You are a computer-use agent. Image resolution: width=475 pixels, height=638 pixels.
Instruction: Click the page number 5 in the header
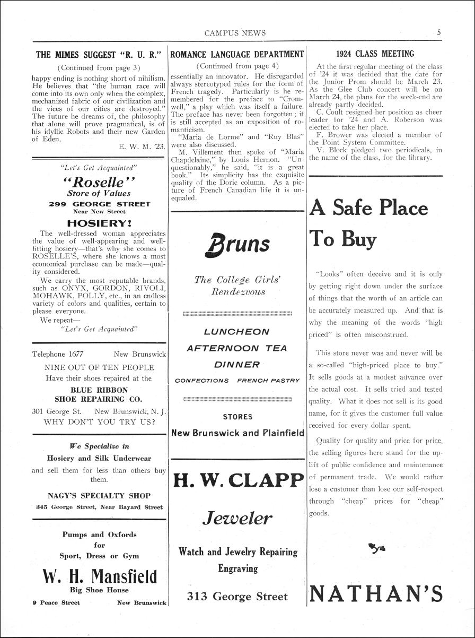click(439, 32)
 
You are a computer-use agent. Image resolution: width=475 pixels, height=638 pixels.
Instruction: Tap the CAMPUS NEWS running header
click(235, 33)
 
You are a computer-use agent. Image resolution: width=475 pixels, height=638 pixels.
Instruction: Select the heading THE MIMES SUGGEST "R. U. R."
click(99, 54)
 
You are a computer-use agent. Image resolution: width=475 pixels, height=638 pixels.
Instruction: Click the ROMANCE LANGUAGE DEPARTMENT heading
click(237, 54)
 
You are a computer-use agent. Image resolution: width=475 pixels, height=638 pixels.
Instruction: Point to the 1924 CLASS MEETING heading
click(375, 54)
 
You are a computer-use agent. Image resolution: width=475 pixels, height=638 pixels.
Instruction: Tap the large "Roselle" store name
click(99, 182)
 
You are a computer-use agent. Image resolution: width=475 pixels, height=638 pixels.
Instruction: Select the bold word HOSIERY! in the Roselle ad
click(99, 223)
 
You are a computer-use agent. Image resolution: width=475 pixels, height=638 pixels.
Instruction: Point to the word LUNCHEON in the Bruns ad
click(237, 332)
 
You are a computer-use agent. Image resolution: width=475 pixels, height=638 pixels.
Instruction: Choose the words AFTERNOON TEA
click(237, 348)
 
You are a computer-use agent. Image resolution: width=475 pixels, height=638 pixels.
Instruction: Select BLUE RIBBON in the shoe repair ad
click(99, 389)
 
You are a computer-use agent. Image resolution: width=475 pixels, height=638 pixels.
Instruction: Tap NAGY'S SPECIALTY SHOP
click(99, 496)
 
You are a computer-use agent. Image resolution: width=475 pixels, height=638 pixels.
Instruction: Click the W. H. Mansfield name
click(99, 576)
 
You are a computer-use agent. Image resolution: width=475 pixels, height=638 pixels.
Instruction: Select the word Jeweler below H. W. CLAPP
click(237, 518)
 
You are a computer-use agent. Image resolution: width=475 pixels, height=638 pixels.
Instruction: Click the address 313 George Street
click(237, 596)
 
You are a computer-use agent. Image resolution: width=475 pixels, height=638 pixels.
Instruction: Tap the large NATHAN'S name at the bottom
click(375, 593)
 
